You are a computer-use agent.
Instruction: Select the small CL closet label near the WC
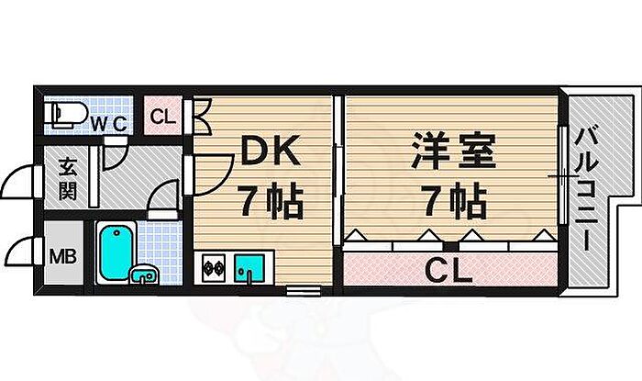163,117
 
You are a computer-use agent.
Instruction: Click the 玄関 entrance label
68,180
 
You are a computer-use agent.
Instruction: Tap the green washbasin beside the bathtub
143,274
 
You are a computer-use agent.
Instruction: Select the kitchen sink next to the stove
249,268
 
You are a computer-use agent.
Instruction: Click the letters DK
270,151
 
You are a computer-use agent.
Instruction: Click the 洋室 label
452,151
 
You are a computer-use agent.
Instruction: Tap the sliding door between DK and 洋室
338,165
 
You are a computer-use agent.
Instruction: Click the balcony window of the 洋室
560,174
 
